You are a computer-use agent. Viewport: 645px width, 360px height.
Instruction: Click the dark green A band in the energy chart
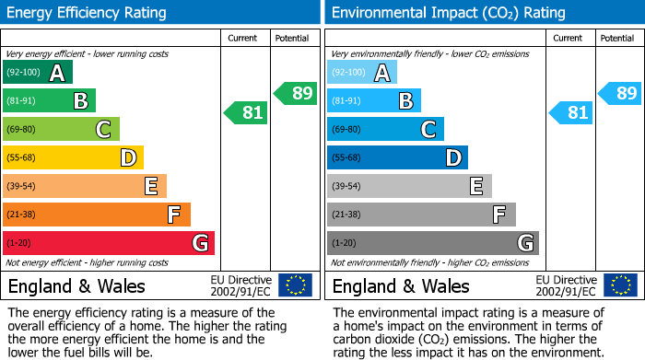point(37,73)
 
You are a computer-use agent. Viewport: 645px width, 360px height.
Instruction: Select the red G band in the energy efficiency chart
point(108,243)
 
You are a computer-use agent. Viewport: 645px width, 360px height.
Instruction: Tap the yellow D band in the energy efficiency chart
point(73,157)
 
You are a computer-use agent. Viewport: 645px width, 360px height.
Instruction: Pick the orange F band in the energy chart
point(96,215)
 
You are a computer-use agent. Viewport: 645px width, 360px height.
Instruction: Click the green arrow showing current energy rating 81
point(246,112)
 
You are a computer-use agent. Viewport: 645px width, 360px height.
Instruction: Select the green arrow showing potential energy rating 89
point(296,93)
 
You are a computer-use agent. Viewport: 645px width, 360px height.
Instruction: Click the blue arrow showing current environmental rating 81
point(570,112)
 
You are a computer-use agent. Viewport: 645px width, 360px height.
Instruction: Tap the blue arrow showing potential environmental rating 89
point(620,93)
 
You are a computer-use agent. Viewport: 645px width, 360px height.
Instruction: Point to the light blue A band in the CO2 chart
point(361,73)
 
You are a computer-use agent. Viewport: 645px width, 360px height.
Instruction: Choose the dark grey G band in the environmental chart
point(432,243)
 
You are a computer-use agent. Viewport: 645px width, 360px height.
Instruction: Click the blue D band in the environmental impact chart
point(397,157)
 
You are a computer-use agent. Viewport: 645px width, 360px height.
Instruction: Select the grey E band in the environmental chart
point(409,186)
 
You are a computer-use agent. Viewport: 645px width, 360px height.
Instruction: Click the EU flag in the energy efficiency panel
point(295,285)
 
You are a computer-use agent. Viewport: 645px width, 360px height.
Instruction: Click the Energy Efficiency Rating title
point(88,13)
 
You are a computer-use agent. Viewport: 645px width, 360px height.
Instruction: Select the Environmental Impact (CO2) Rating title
point(448,13)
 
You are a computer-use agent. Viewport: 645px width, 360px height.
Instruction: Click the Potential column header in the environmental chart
point(616,38)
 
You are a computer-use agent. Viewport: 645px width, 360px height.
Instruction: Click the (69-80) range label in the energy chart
point(22,130)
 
